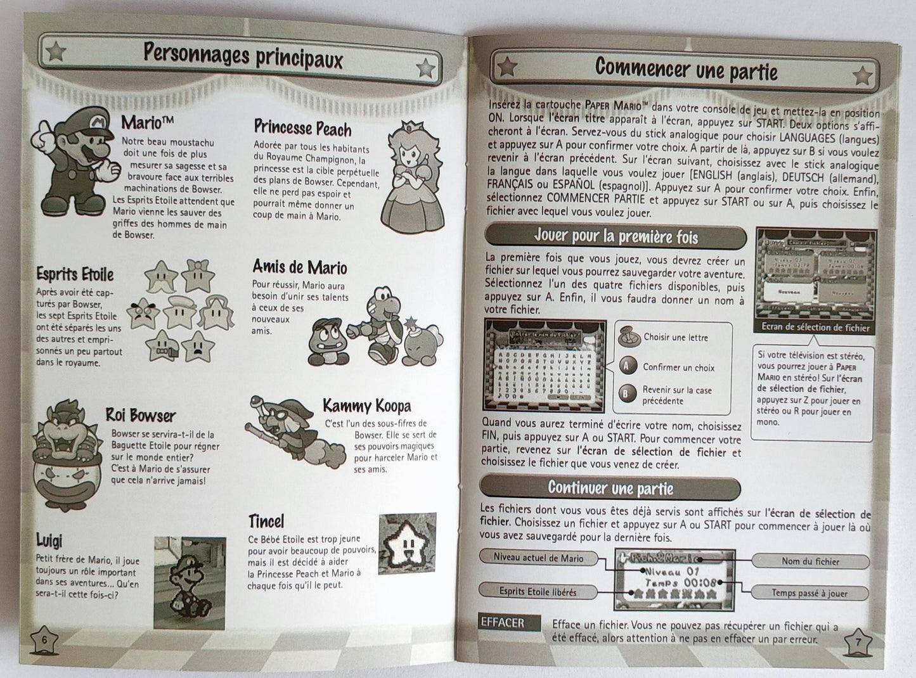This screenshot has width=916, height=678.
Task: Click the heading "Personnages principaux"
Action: coord(243,56)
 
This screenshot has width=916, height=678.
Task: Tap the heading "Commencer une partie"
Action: coord(687,69)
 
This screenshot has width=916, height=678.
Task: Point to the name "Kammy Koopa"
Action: coord(366,406)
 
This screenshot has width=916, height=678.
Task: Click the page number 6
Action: coord(44,639)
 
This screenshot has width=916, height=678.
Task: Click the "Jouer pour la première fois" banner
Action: coord(615,238)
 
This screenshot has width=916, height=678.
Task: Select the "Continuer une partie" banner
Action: coord(610,488)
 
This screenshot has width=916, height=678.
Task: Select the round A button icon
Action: coord(627,366)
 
